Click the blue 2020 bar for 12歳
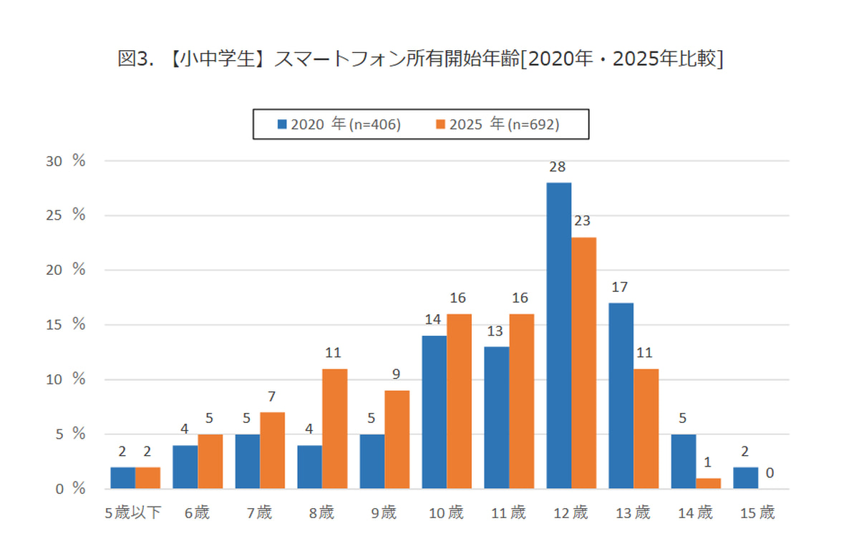tap(558, 336)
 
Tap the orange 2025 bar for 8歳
tap(334, 429)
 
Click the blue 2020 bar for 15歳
tap(745, 478)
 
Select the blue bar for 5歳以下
tap(122, 478)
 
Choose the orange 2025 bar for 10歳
tap(459, 401)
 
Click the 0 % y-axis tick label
tap(70, 489)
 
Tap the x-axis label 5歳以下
tap(134, 512)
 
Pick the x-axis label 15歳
tap(758, 512)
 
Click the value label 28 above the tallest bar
tap(558, 167)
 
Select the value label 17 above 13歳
tap(620, 288)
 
